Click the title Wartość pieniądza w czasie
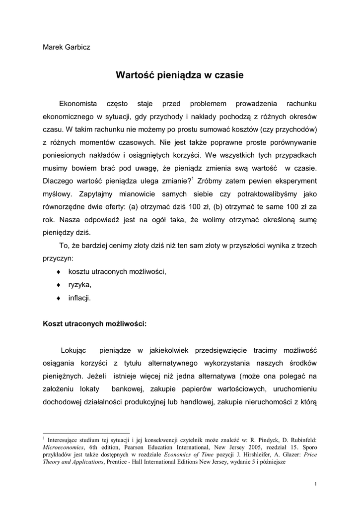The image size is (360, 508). click(x=180, y=76)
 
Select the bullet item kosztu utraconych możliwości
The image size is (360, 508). click(x=117, y=272)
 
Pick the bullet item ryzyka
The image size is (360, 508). click(x=80, y=285)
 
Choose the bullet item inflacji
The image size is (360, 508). click(x=79, y=298)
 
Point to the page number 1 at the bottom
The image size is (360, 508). click(x=316, y=484)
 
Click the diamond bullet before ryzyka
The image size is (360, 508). click(x=59, y=285)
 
